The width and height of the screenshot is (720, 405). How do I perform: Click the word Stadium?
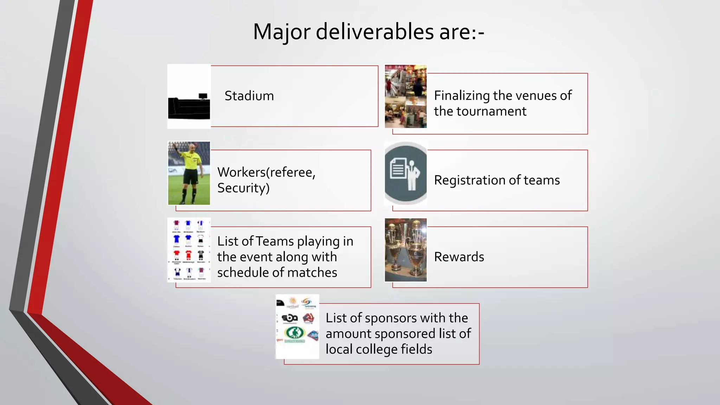[249, 96]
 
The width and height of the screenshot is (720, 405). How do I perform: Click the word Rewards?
[459, 257]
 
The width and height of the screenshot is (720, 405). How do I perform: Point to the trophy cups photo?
[406, 250]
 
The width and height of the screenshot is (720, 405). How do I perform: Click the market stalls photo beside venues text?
[406, 96]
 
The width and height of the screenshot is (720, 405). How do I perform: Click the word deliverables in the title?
[374, 32]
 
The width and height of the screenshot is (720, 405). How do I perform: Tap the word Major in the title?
[282, 32]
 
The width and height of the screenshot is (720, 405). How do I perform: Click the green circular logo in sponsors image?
[294, 333]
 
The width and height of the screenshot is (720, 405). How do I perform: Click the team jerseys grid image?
[189, 250]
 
